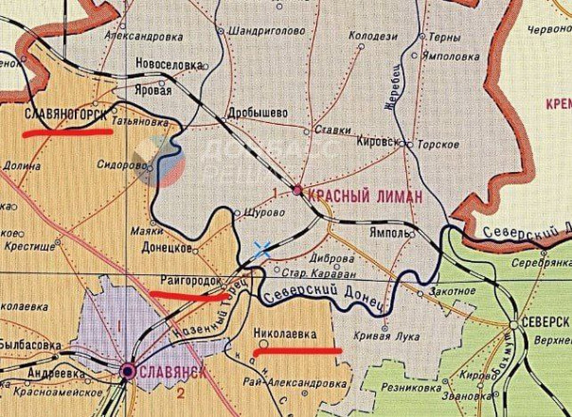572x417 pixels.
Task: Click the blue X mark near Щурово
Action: [x=262, y=250]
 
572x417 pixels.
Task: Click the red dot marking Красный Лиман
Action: [x=297, y=190]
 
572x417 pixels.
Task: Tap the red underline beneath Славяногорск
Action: [x=67, y=133]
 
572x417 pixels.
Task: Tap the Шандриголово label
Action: [x=259, y=30]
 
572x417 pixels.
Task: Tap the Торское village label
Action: [x=438, y=144]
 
